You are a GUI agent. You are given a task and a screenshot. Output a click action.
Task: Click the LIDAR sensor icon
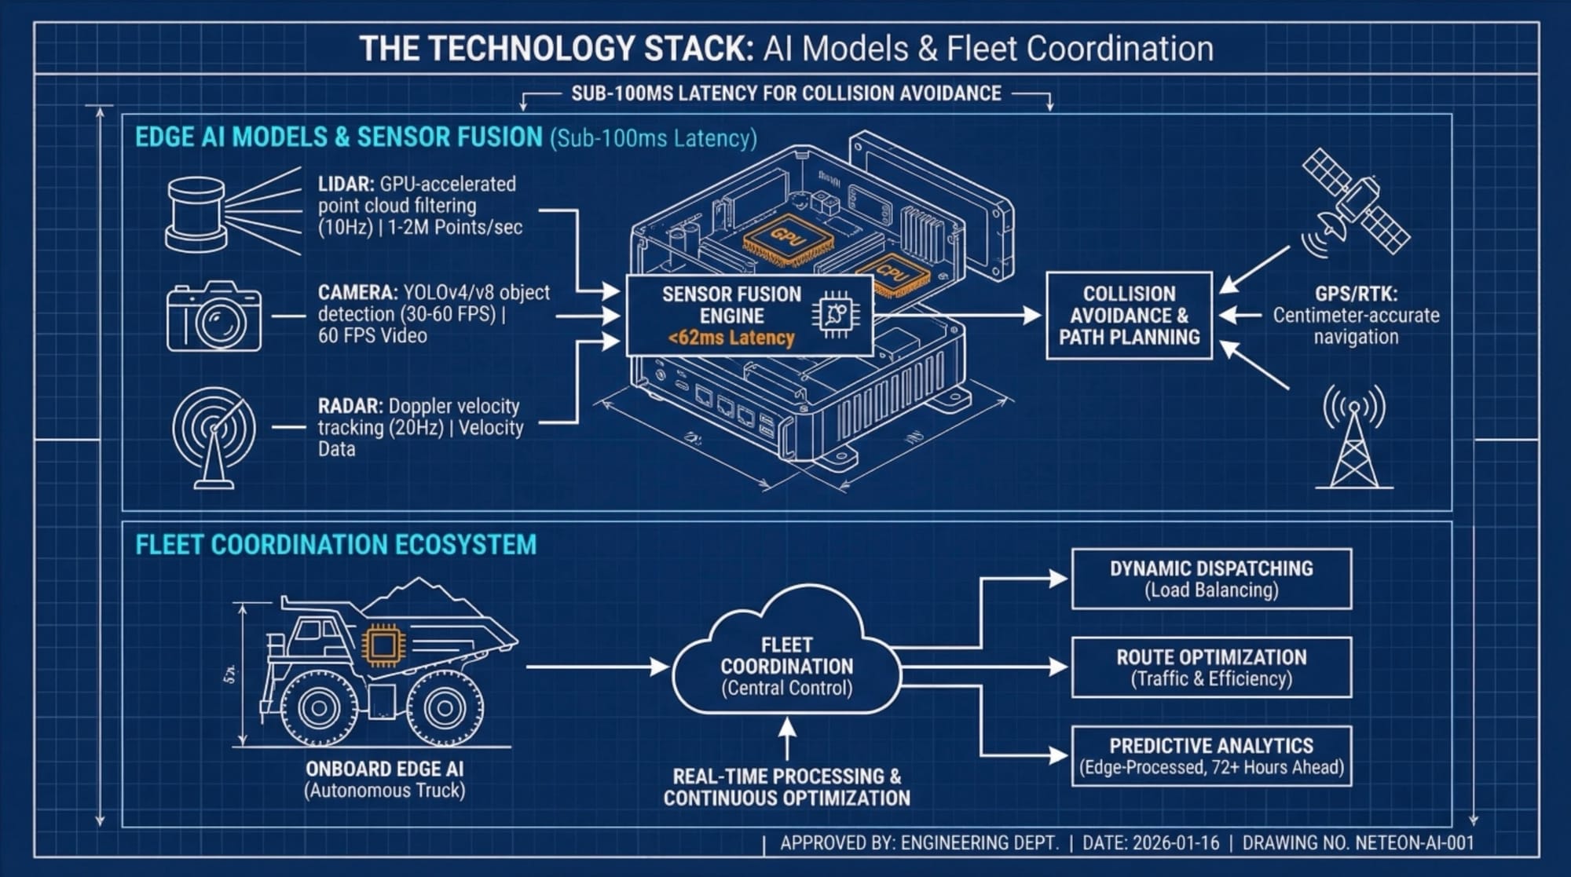196,214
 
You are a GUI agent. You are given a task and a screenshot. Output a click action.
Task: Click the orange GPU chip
788,236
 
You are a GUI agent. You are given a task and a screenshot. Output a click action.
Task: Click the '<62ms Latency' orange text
731,338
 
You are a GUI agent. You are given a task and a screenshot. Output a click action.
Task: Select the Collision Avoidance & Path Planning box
1129,316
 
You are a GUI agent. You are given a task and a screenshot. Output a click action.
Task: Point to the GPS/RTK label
1356,294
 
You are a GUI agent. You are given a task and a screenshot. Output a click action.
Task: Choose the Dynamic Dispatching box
1211,579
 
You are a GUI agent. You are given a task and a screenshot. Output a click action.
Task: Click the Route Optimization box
1211,667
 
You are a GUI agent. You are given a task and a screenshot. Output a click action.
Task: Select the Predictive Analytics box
1211,756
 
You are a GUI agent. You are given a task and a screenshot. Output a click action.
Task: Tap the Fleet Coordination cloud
786,660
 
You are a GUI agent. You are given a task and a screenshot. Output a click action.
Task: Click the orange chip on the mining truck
383,646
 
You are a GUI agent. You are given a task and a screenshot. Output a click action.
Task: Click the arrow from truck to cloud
597,667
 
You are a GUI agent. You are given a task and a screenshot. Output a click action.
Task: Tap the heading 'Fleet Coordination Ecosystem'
335,545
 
